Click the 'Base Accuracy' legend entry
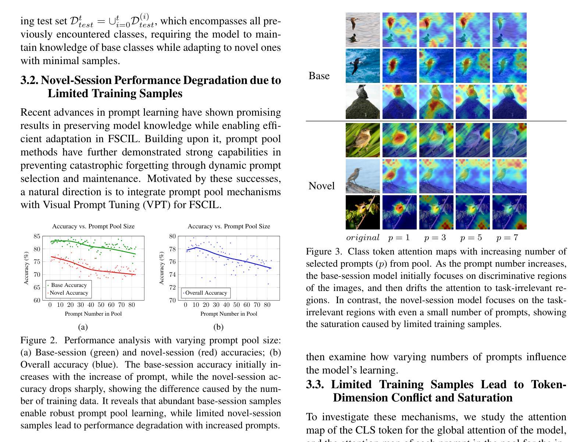coord(69,285)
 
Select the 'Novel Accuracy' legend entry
coord(69,293)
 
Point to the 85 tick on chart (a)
coord(37,236)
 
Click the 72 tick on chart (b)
coord(172,288)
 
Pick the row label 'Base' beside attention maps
coord(319,76)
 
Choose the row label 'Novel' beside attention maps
coord(321,186)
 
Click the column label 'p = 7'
coord(507,238)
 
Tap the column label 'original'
coord(363,238)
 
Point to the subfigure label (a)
coord(83,327)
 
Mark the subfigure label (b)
coord(218,327)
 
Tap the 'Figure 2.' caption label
coord(39,340)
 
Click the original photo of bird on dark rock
coord(363,102)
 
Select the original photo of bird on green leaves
coord(363,140)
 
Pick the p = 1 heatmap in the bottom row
coord(399,212)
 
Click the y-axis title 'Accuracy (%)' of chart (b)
coord(161,268)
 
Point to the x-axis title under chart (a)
coord(93,314)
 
